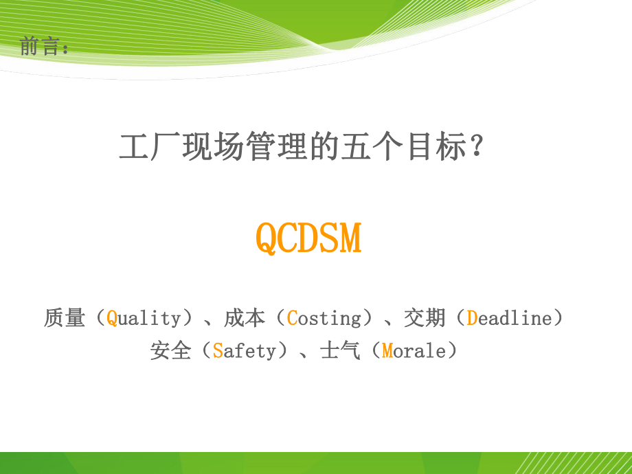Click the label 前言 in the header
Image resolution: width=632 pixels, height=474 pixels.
pos(41,47)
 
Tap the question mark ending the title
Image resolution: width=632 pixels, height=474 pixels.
pos(479,147)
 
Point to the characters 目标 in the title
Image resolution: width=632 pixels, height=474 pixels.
pos(433,147)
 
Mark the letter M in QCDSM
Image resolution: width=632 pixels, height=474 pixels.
pos(352,238)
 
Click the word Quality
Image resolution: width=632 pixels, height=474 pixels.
pos(144,318)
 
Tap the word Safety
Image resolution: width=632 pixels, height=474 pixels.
pos(244,351)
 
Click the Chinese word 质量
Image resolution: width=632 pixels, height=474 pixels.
pos(65,318)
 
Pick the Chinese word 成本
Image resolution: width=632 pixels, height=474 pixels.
pos(245,318)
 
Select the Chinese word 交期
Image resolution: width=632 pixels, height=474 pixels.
pos(425,318)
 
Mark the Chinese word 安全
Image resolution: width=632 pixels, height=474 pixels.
pos(170,351)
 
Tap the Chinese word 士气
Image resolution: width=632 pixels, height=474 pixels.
pos(340,351)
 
